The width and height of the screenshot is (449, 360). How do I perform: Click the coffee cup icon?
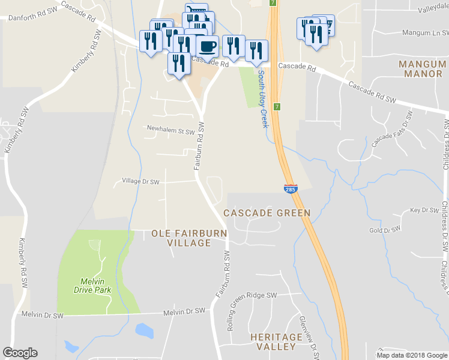[208, 46]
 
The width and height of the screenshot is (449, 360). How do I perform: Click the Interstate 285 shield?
[290, 189]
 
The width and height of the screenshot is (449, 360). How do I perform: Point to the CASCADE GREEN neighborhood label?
[267, 213]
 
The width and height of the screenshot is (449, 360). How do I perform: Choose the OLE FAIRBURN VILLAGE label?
[189, 238]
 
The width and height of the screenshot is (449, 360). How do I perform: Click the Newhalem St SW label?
[171, 129]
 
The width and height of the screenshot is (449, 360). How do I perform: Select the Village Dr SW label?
[140, 181]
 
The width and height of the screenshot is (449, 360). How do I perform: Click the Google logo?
[20, 353]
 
